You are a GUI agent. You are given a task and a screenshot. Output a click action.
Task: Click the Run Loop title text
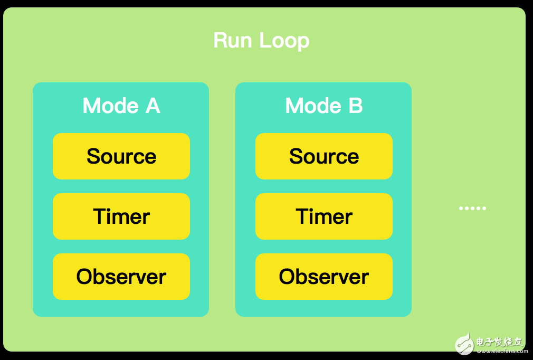(x=261, y=41)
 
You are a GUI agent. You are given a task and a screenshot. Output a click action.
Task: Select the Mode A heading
(x=121, y=106)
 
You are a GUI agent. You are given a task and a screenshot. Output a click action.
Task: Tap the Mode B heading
(x=323, y=106)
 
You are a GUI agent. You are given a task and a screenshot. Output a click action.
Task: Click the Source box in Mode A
(x=121, y=156)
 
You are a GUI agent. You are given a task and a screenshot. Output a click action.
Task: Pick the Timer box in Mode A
(x=121, y=216)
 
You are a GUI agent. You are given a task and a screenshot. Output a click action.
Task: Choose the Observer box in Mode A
(x=121, y=277)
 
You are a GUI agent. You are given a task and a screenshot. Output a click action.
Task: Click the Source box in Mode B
(x=323, y=156)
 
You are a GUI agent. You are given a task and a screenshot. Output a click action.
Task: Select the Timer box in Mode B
(x=323, y=216)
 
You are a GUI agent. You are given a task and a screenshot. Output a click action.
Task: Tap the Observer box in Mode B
(x=323, y=277)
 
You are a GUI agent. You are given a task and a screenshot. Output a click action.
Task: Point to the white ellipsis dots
(x=472, y=209)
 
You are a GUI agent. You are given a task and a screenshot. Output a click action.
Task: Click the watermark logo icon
(x=464, y=343)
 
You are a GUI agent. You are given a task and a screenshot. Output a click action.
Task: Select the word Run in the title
(x=230, y=41)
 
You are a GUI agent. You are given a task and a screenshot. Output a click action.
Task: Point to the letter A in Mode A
(x=153, y=106)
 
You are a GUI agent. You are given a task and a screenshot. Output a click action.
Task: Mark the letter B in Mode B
(x=355, y=106)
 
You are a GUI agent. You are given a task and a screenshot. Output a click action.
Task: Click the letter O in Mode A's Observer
(x=84, y=277)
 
